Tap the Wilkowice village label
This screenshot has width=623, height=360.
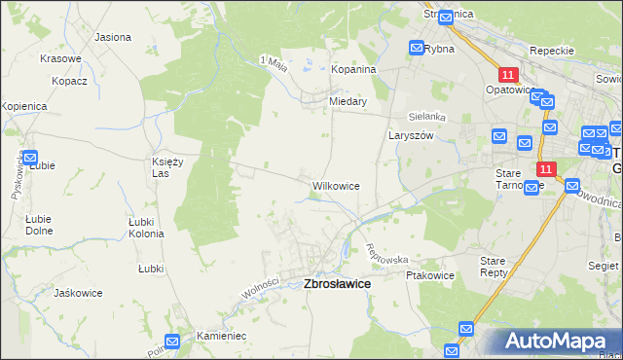pyautogui.click(x=336, y=185)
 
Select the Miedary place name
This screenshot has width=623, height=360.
pyautogui.click(x=348, y=100)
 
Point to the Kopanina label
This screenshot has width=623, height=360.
pyautogui.click(x=354, y=70)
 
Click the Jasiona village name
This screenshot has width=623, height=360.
pyautogui.click(x=113, y=37)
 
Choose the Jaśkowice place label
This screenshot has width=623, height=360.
pyautogui.click(x=80, y=293)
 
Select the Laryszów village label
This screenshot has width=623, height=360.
pyautogui.click(x=410, y=136)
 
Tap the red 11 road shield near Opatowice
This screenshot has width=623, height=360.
pyautogui.click(x=508, y=75)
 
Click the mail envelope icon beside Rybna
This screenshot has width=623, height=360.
pyautogui.click(x=417, y=48)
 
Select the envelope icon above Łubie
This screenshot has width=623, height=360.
pyautogui.click(x=28, y=156)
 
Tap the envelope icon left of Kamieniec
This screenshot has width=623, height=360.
pyautogui.click(x=172, y=341)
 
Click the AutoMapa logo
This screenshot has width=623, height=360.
pyautogui.click(x=556, y=342)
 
